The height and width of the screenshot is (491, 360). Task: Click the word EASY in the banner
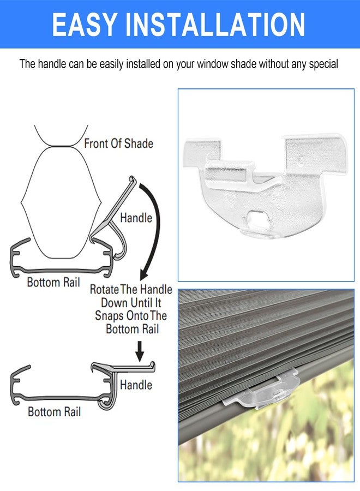pos(84,25)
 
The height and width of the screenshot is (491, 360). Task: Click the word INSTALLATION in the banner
pos(215,25)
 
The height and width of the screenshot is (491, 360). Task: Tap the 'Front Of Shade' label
pos(119,143)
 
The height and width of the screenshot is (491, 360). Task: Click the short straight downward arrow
pos(140,351)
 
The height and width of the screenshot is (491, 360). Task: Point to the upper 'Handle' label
pos(136,218)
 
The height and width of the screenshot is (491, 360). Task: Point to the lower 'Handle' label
pos(136,385)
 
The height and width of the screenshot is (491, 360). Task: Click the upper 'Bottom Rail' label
pos(53,282)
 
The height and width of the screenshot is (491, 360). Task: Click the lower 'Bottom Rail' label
pos(54,411)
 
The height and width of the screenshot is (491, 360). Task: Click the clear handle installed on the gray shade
pos(261,389)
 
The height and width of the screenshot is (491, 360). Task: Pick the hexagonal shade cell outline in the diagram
pos(61,202)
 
